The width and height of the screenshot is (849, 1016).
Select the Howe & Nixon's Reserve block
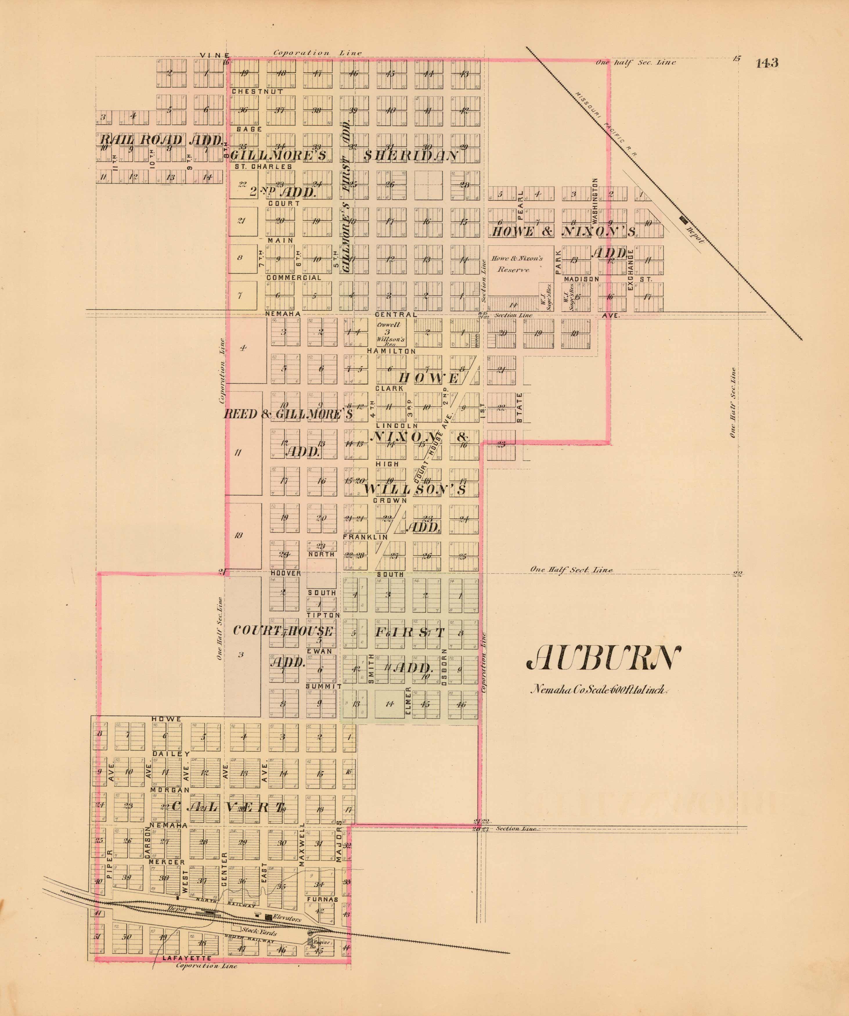click(517, 264)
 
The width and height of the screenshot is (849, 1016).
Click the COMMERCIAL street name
click(294, 278)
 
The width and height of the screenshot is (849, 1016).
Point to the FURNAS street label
click(322, 899)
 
